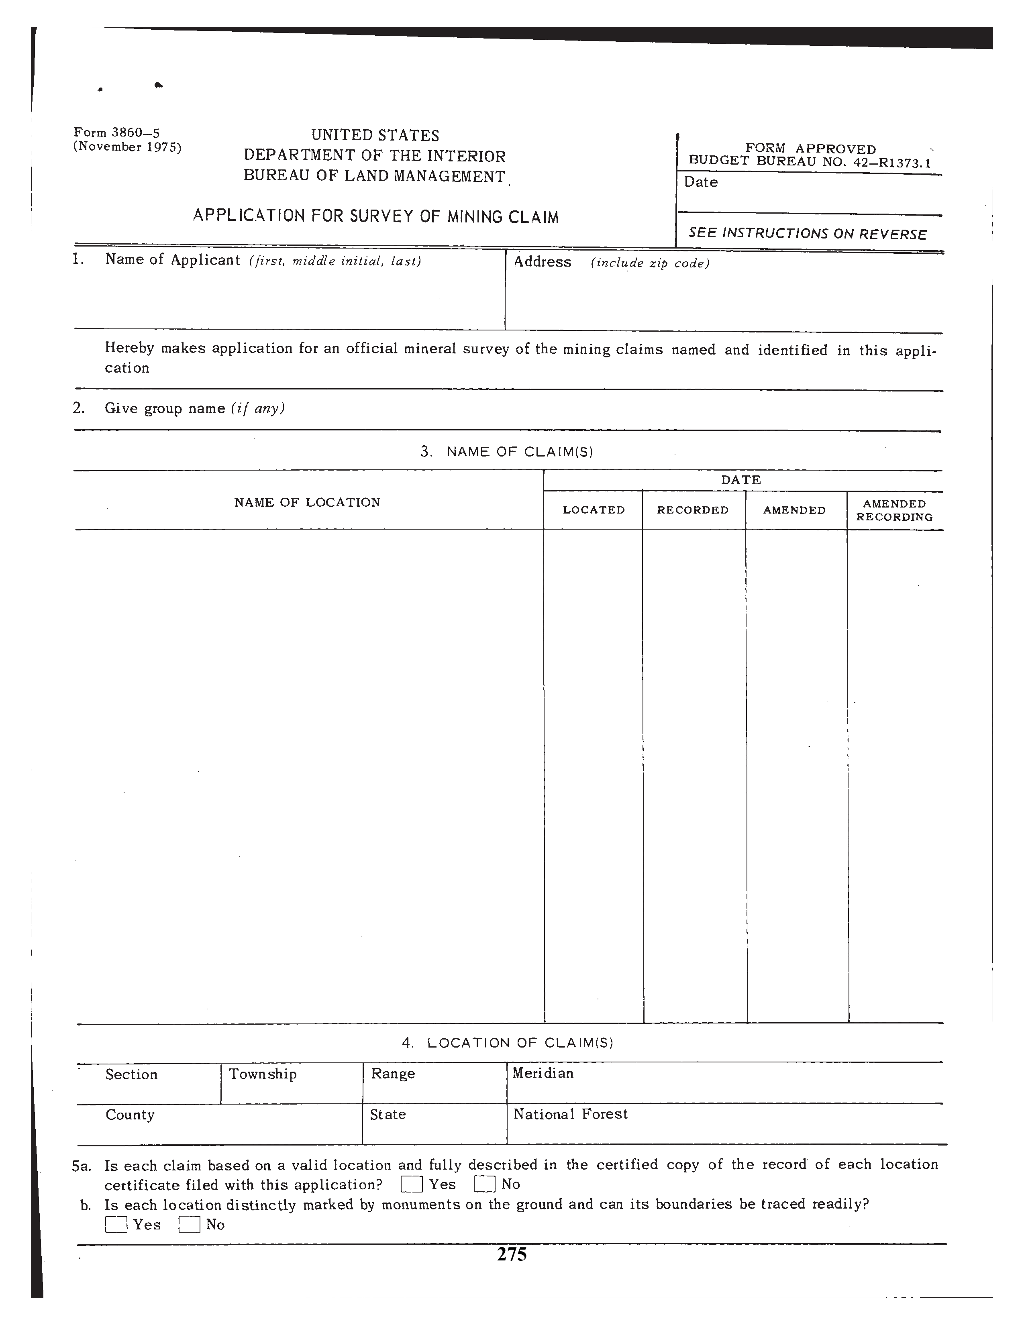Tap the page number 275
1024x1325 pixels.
pos(511,1254)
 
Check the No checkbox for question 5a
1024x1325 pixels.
pos(485,1184)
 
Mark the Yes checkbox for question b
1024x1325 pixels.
pos(116,1225)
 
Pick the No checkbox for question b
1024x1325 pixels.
pos(189,1225)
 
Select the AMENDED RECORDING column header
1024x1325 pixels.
pos(894,510)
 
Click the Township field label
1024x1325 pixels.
pos(263,1074)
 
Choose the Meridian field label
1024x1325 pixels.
pos(543,1073)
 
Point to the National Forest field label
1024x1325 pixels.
pos(570,1114)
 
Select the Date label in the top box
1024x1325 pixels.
pos(701,182)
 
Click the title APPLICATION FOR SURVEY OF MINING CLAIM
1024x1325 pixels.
pos(375,216)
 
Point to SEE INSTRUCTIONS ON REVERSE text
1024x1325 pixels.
pos(808,234)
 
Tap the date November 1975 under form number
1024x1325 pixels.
pos(127,147)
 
